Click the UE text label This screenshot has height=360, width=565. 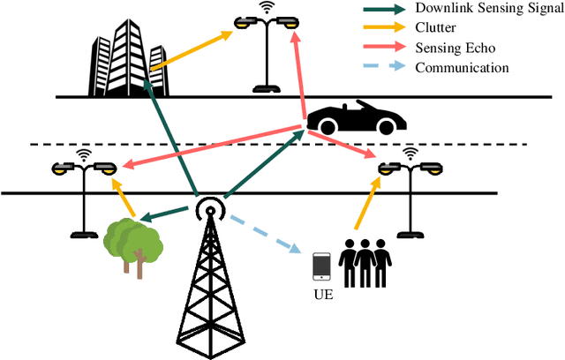click(x=322, y=294)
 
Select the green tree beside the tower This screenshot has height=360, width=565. click(x=132, y=238)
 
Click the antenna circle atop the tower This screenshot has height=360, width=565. click(x=209, y=208)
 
